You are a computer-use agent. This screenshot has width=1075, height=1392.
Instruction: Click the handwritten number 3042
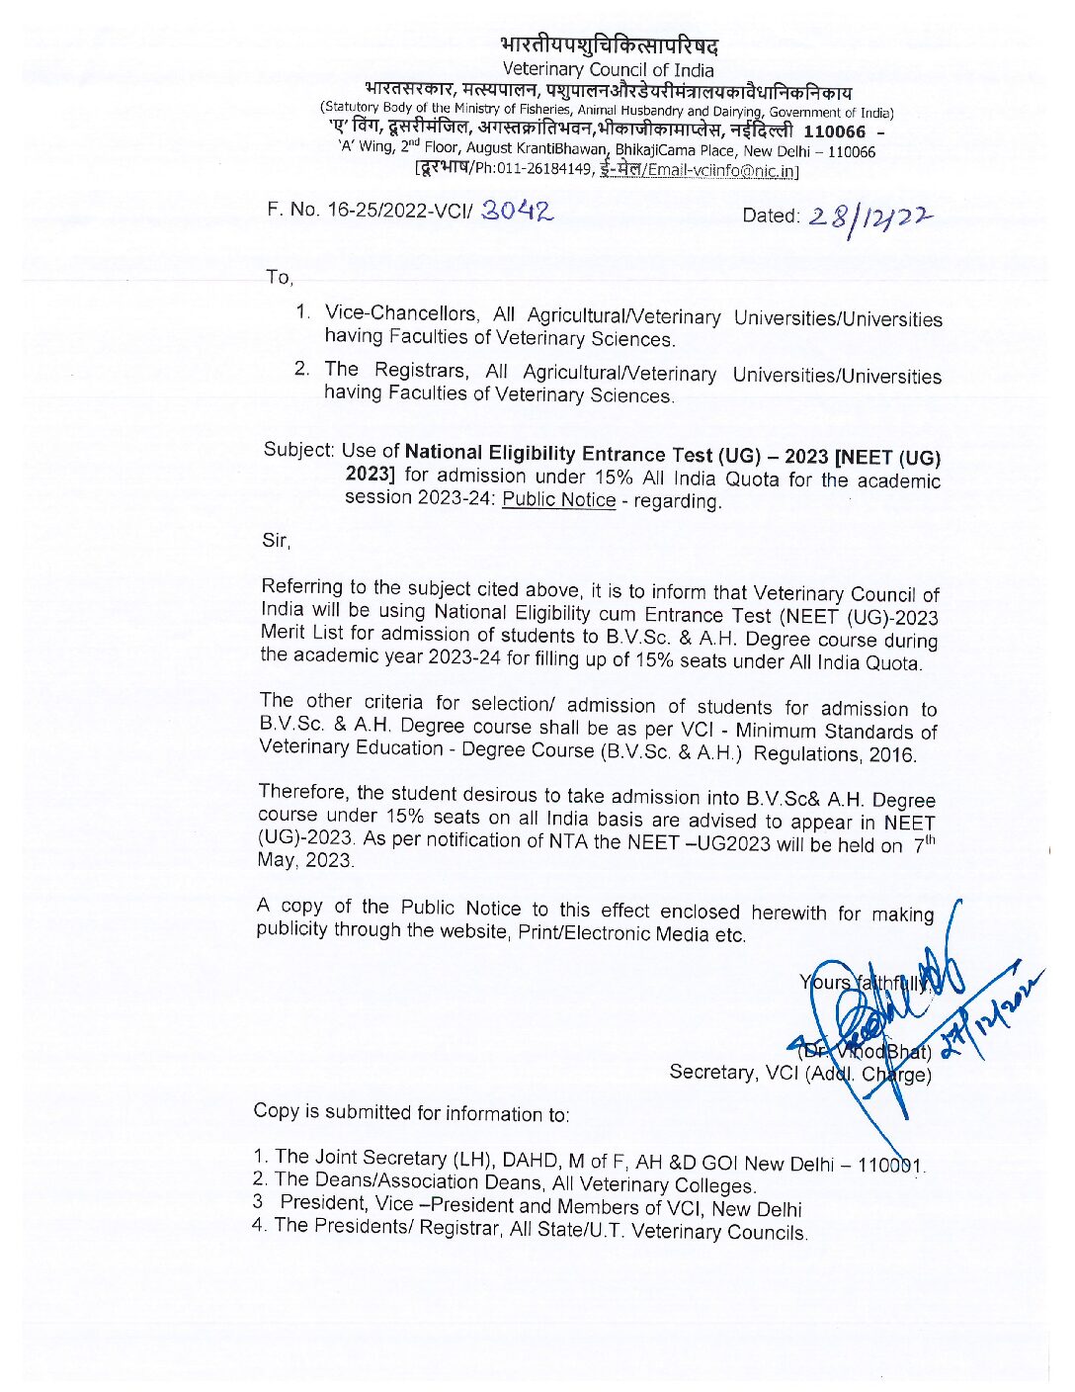click(x=517, y=210)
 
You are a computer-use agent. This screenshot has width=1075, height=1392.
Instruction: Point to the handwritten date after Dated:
click(x=870, y=217)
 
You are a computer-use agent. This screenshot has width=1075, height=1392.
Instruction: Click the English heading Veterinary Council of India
click(x=608, y=69)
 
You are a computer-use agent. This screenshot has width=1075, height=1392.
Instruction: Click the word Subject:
click(x=299, y=450)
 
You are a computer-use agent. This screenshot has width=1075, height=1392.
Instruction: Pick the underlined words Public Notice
click(x=559, y=499)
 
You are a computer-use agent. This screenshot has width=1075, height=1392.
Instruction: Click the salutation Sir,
click(x=276, y=540)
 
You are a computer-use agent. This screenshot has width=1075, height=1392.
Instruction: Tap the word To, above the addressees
click(x=280, y=278)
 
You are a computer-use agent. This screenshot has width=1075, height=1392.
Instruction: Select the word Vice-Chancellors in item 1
click(x=400, y=314)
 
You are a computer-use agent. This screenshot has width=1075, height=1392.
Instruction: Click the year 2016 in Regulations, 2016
click(x=893, y=755)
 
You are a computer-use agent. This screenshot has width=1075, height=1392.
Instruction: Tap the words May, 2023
click(x=305, y=860)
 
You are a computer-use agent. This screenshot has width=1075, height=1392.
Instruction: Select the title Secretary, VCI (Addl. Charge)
click(x=800, y=1073)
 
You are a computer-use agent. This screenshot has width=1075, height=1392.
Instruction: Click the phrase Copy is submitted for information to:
click(x=411, y=1112)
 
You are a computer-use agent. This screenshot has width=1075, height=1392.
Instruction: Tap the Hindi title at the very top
click(x=609, y=45)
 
